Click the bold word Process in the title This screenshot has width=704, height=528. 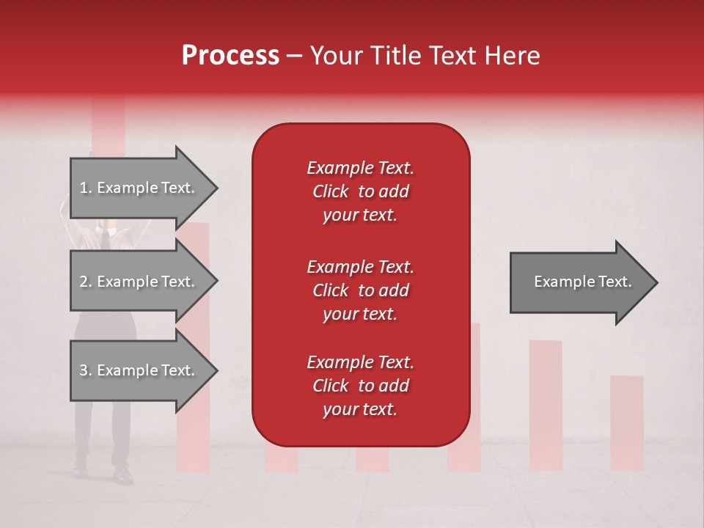pos(230,56)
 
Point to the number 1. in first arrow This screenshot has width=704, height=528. pos(86,188)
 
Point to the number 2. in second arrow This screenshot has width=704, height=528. pos(86,282)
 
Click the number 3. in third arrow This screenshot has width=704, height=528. pos(86,370)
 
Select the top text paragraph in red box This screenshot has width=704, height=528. pos(360,191)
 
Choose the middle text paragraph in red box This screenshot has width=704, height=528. pos(360,290)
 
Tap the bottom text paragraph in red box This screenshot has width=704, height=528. pos(360,386)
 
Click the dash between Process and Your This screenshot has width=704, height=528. pos(295,56)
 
